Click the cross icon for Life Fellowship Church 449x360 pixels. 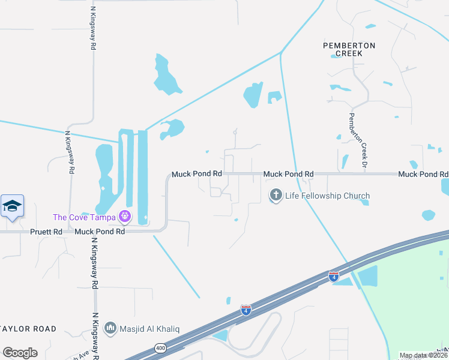coord(276,195)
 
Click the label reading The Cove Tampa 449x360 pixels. coord(85,217)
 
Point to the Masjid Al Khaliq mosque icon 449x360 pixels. coord(109,328)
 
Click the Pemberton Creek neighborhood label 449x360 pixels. coord(349,49)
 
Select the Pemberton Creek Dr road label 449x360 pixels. coord(358,139)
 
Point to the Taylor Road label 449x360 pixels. coord(29,329)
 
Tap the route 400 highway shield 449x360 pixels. coord(160,348)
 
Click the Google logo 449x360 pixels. coord(20,353)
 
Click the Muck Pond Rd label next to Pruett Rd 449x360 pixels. coord(100,231)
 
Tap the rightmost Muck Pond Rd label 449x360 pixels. coord(423,174)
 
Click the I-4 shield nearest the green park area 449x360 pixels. coord(334,277)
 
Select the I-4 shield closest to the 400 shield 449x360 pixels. coord(246,310)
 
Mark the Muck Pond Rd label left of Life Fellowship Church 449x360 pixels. coord(197,174)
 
